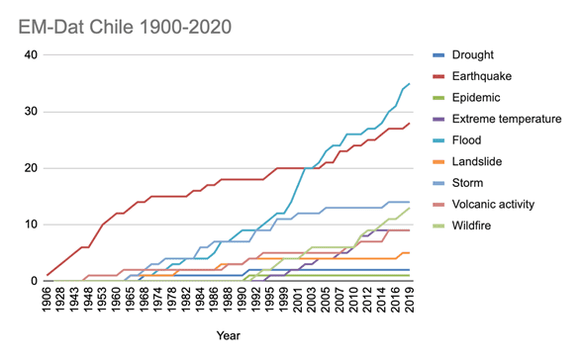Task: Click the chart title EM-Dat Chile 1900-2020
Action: pyautogui.click(x=125, y=27)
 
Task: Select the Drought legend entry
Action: pyautogui.click(x=463, y=55)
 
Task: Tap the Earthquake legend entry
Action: pyautogui.click(x=472, y=76)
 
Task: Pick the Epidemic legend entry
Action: pyautogui.click(x=466, y=98)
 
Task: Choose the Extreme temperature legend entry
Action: pyautogui.click(x=497, y=119)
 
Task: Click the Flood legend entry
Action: pyautogui.click(x=457, y=140)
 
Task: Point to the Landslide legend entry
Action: pyautogui.click(x=467, y=161)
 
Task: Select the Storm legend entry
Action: pyautogui.click(x=458, y=183)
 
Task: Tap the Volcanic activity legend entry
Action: pyautogui.click(x=484, y=205)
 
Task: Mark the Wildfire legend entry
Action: pyautogui.click(x=462, y=225)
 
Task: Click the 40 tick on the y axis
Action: pyautogui.click(x=31, y=55)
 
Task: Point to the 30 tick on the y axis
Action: pyautogui.click(x=31, y=112)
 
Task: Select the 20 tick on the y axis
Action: pyautogui.click(x=31, y=168)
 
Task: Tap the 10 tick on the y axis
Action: pyautogui.click(x=31, y=225)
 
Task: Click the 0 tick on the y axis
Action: pyautogui.click(x=35, y=281)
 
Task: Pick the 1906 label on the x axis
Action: pyautogui.click(x=47, y=300)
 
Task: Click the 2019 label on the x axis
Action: pyautogui.click(x=410, y=300)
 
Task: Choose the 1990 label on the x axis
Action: pyautogui.click(x=243, y=300)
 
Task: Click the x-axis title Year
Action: pyautogui.click(x=229, y=335)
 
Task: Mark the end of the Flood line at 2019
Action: pyautogui.click(x=410, y=84)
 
